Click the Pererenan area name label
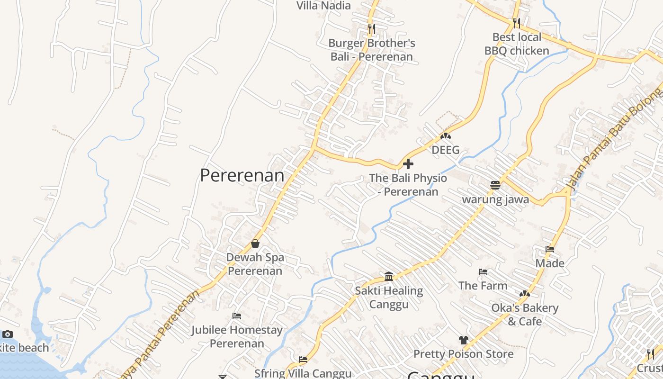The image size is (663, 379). [x=242, y=175]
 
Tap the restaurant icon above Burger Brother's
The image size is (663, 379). [x=371, y=29]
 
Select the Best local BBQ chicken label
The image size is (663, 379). [x=517, y=44]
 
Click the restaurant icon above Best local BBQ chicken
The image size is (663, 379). [x=517, y=22]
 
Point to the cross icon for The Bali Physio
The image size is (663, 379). [x=408, y=164]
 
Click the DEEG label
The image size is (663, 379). [x=446, y=150]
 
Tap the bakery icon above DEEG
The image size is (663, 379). [x=446, y=136]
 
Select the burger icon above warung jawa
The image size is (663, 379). [x=495, y=185]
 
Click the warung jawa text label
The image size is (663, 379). [x=495, y=199]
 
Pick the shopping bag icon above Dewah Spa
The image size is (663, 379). [x=255, y=244]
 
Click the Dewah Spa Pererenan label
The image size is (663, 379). [x=255, y=264]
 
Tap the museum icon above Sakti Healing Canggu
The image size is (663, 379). [x=389, y=276]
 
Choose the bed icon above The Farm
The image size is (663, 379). [x=483, y=272]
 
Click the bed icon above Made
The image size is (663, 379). [x=550, y=249]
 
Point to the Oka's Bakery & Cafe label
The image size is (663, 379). [x=525, y=315]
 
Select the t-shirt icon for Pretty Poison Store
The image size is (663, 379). [x=463, y=340]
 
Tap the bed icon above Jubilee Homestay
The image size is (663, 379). [x=237, y=316]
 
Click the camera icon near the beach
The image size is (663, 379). [x=7, y=334]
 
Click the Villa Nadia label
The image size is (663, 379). [x=323, y=6]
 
